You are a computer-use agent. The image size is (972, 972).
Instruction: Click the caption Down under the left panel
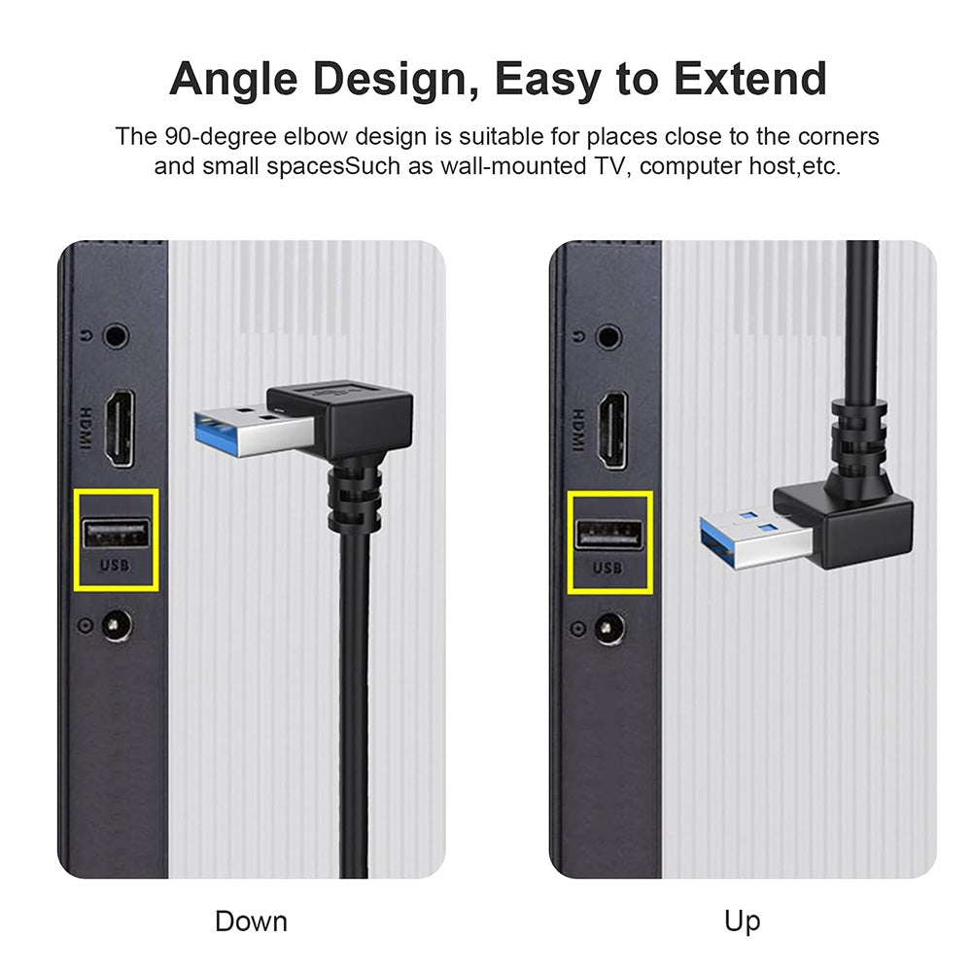251,920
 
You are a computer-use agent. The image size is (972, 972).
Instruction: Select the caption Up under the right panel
742,920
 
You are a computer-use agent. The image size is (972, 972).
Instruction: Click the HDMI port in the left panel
120,429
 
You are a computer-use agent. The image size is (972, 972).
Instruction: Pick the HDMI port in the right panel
612,429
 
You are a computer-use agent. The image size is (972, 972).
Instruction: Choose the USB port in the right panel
609,534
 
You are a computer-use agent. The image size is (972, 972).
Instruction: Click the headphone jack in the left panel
116,337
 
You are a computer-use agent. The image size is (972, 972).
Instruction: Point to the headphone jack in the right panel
608,337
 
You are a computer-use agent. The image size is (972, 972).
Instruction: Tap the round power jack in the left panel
118,624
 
